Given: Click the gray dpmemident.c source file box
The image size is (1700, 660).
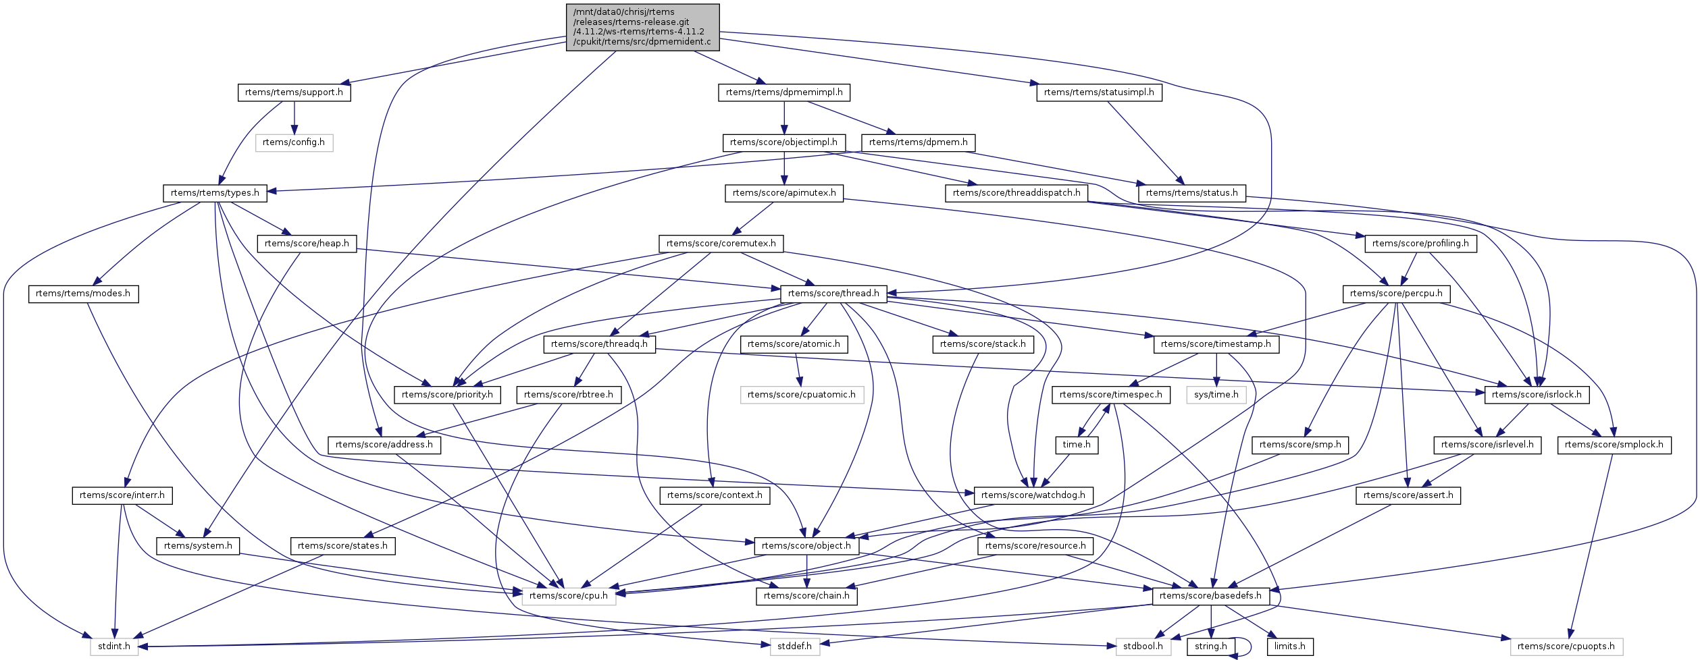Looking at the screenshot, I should point(642,27).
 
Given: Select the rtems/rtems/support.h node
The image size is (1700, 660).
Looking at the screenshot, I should point(294,92).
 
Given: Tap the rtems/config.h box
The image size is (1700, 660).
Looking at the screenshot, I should point(294,142).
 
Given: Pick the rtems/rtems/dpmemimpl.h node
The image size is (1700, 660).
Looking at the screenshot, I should point(783,92).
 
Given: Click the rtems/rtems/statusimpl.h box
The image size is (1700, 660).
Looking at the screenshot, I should point(1099,92).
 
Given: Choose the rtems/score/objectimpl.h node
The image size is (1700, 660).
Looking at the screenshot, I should point(783,142).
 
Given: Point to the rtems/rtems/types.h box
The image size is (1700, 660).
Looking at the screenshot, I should point(215,193).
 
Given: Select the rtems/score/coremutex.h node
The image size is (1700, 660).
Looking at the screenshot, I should point(721,244).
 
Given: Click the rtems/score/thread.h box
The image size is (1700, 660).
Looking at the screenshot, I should point(833,294).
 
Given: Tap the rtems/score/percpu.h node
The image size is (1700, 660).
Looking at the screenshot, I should point(1396,294).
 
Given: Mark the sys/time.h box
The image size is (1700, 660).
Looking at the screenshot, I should point(1216,395).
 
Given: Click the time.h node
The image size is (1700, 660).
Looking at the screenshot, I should point(1076,445).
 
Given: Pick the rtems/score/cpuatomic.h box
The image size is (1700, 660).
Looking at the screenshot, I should point(801,395).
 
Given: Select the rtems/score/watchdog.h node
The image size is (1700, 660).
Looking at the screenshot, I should point(1033,495).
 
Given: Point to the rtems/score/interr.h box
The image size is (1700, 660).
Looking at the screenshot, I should point(122,495).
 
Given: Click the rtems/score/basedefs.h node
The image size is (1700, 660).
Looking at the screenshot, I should point(1210,596).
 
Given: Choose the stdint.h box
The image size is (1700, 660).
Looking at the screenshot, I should point(114,647).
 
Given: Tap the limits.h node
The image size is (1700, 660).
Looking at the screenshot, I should point(1289,647).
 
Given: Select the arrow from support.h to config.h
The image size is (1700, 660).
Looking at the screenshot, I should point(294,117).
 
